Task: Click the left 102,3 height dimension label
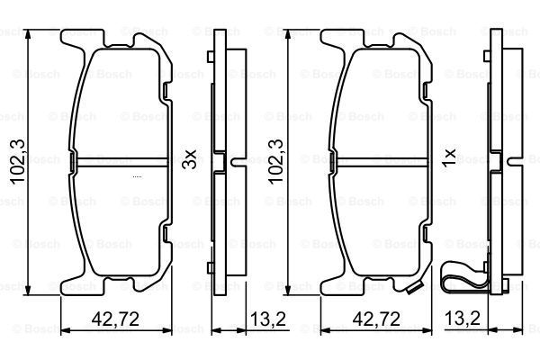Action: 18,162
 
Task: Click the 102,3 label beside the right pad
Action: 276,162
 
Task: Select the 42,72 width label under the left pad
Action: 115,319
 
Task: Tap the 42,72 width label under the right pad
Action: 376,319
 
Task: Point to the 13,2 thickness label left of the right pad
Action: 268,319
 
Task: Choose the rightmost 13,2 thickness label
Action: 463,319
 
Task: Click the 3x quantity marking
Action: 189,159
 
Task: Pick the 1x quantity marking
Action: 449,158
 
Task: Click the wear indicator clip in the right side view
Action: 461,278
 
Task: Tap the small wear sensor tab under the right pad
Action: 414,288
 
